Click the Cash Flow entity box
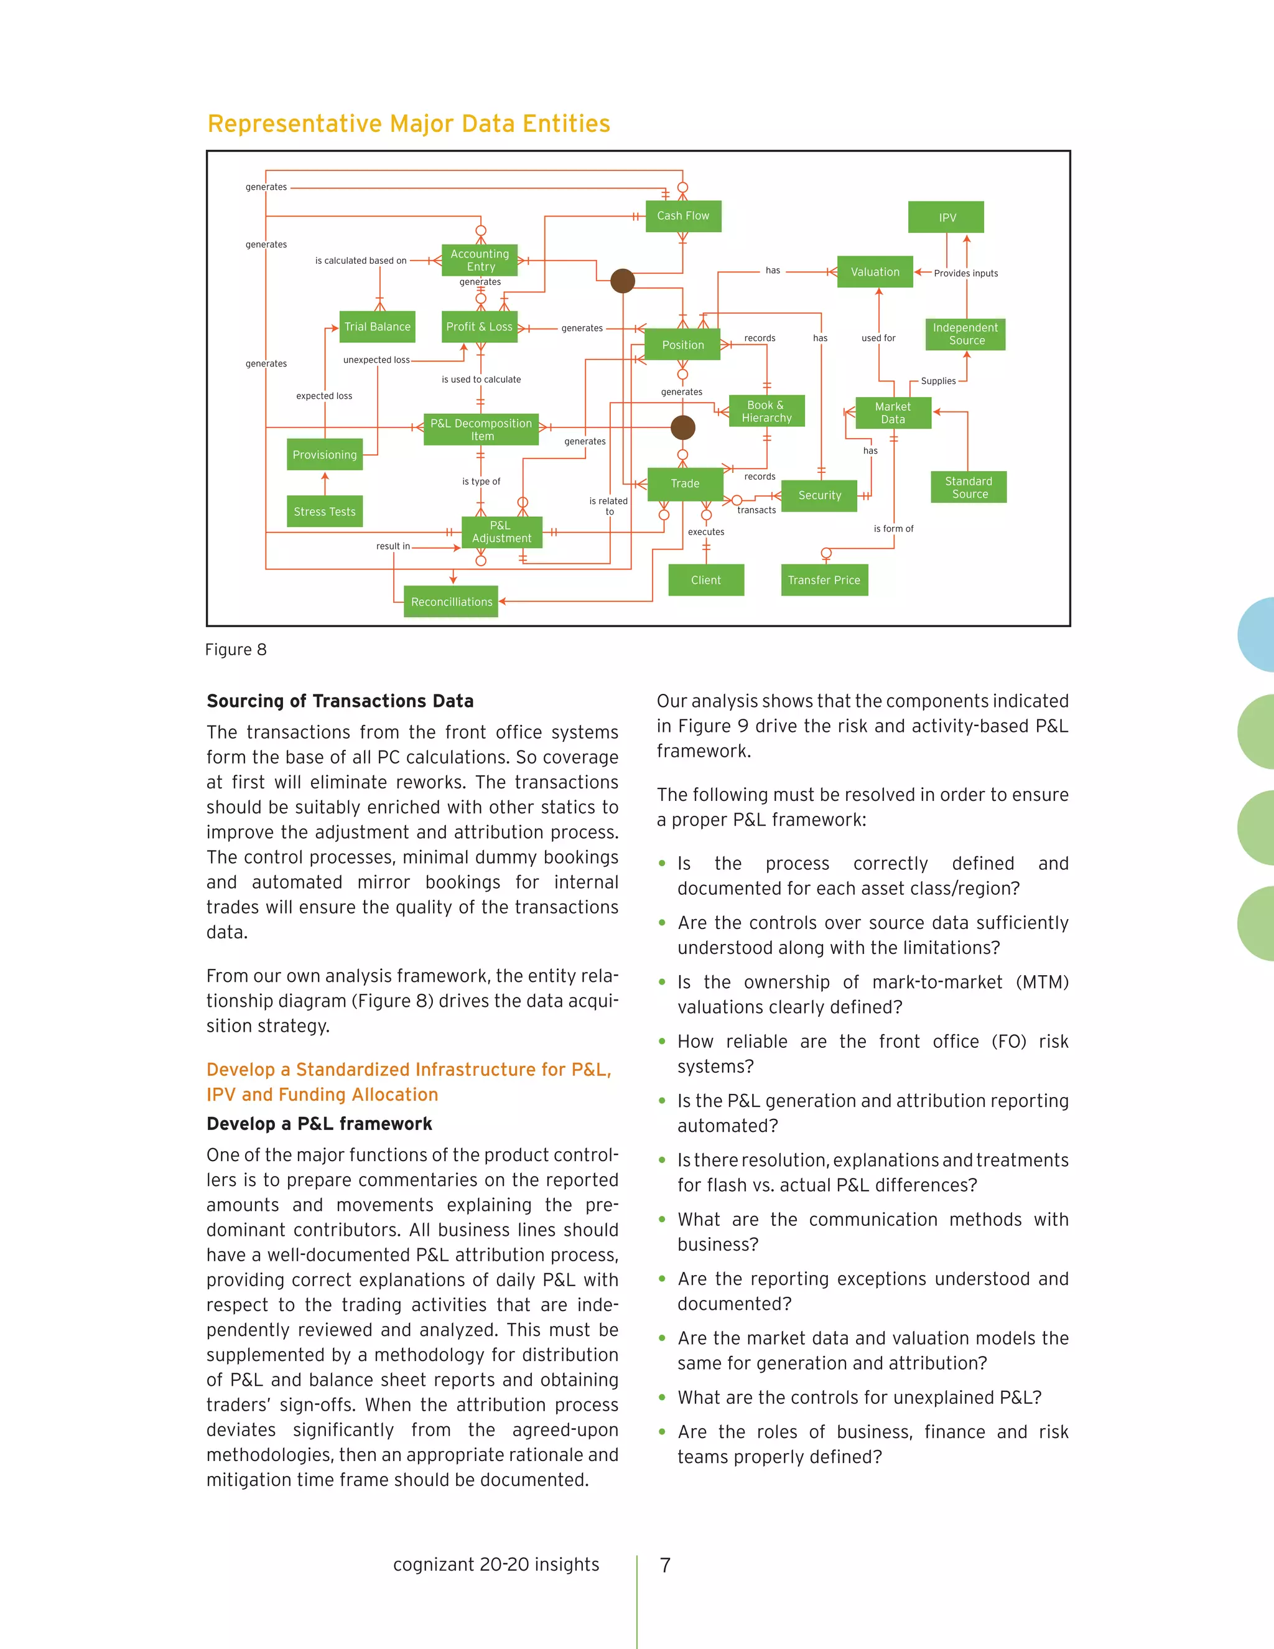tap(683, 216)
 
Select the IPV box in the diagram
tap(946, 217)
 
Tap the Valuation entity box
tap(875, 272)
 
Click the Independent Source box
tap(965, 334)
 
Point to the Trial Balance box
tap(378, 327)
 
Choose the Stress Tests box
tap(325, 511)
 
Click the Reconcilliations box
tap(452, 602)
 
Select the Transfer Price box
tap(824, 580)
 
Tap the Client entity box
tap(705, 580)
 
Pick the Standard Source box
tap(969, 488)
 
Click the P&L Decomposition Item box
tap(481, 429)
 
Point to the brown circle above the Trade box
tap(683, 427)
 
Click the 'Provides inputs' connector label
tap(965, 273)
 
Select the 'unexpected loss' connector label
tap(376, 360)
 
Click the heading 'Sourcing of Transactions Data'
tap(340, 701)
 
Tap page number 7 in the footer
tap(665, 1565)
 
